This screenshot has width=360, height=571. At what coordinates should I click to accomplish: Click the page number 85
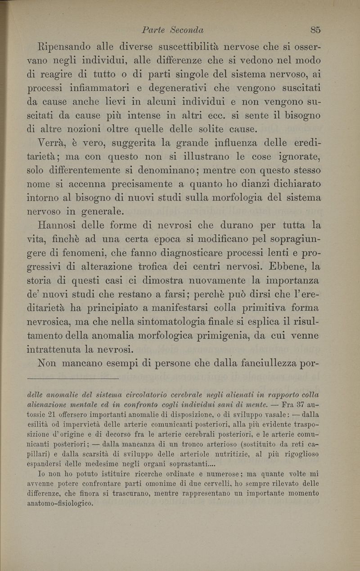tap(315, 30)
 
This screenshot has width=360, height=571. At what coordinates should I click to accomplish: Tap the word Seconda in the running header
tap(185, 30)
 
